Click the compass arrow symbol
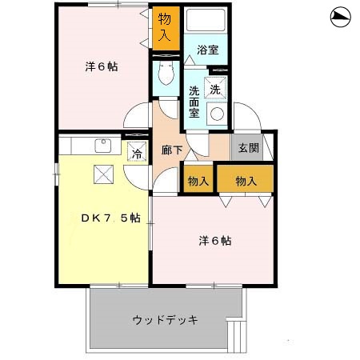click(x=339, y=17)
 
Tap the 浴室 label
click(x=209, y=50)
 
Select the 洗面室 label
click(x=194, y=101)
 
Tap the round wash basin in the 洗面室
click(x=216, y=114)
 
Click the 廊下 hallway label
click(x=170, y=150)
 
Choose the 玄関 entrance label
click(x=246, y=148)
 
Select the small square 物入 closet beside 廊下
click(x=198, y=181)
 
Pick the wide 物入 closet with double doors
click(x=246, y=181)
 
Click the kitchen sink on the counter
click(x=102, y=146)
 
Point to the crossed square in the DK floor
click(x=103, y=174)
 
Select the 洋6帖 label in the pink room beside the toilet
click(x=102, y=67)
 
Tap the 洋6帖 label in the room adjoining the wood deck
click(x=215, y=240)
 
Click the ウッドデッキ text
click(x=165, y=319)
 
